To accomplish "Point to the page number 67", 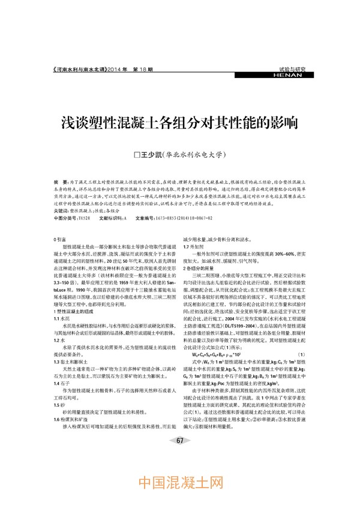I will click(x=179, y=458).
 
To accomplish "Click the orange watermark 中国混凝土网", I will click(x=180, y=482).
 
